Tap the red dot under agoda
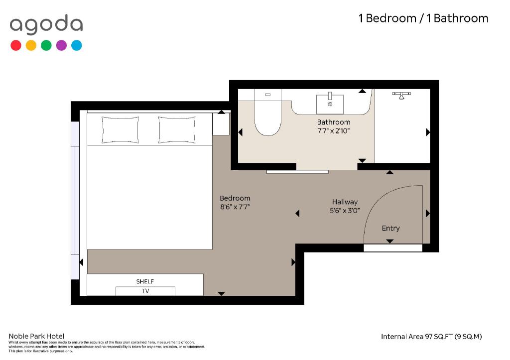[16, 45]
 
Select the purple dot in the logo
[61, 45]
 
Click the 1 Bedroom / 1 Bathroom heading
[423, 18]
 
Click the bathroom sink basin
[330, 103]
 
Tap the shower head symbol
[400, 95]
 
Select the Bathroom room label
[334, 122]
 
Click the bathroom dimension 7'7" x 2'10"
[334, 131]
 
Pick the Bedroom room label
[235, 198]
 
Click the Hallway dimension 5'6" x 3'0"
[345, 211]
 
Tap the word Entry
[390, 228]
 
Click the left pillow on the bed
[120, 129]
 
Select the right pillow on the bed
[177, 129]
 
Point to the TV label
[145, 291]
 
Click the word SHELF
[145, 281]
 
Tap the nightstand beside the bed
[221, 123]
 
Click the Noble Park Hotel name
[36, 336]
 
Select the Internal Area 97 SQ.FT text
[431, 337]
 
